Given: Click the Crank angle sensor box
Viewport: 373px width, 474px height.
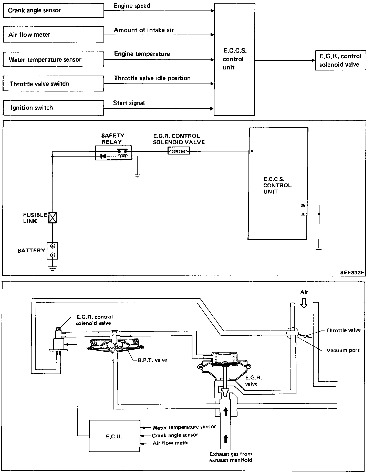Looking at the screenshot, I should (x=53, y=11).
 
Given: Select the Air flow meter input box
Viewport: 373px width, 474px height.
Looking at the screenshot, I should (x=53, y=35).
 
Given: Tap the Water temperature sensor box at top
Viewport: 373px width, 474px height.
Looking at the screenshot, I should (x=53, y=59).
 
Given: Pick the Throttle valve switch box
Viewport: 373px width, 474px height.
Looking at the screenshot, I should (x=53, y=84).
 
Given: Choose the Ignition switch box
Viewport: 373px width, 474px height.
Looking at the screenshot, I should (x=53, y=108).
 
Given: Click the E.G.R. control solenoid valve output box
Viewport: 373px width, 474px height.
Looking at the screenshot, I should (x=340, y=60).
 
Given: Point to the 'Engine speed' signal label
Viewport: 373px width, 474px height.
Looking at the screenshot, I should (x=132, y=6).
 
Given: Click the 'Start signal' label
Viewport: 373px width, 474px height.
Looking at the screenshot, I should (x=129, y=103).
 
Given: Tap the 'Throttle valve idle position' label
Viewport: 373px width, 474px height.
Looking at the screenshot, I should (x=152, y=78).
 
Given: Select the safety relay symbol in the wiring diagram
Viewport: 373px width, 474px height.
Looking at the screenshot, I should (x=113, y=153).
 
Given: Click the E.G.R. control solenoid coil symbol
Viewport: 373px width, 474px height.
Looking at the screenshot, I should (x=179, y=151).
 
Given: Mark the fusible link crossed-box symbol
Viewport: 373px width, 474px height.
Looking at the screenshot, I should (x=53, y=218).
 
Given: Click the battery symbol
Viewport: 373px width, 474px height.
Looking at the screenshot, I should (x=53, y=251).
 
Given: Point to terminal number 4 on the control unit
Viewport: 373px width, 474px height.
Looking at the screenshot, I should (x=252, y=151).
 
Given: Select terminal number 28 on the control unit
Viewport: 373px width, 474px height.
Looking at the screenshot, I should (x=303, y=205).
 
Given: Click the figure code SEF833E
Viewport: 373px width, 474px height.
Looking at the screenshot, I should (x=352, y=272).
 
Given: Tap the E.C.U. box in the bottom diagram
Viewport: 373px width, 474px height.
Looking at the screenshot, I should (x=114, y=436).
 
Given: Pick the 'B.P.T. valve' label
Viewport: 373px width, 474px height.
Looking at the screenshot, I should (x=152, y=360).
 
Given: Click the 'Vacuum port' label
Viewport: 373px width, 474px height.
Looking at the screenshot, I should (x=343, y=350).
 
